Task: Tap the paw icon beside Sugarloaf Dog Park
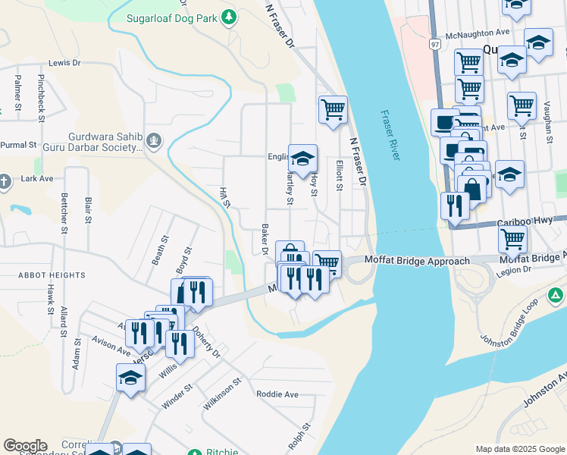228,17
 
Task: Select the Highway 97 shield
434,45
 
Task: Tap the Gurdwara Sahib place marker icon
155,140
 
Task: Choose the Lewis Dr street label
64,64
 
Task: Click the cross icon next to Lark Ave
4,181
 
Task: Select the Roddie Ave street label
277,394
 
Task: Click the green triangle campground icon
556,296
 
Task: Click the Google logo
25,445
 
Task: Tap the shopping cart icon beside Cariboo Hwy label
513,239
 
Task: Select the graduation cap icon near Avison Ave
130,377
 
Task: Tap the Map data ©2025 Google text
519,449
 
